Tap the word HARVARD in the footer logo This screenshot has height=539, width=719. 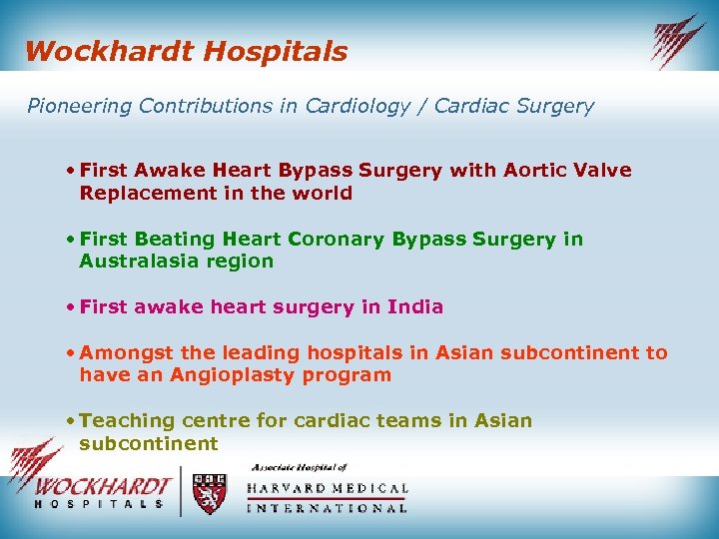290,489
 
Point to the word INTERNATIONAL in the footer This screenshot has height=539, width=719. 327,508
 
